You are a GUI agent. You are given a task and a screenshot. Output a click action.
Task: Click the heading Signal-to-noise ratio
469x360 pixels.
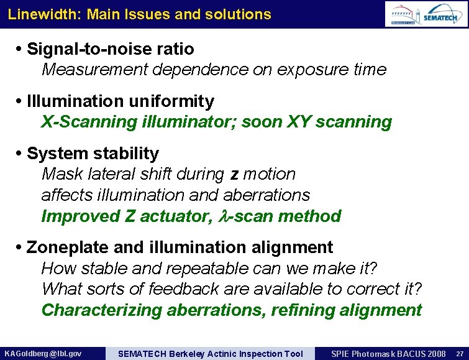pos(111,48)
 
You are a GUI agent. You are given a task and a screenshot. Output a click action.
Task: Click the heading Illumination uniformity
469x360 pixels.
pos(121,101)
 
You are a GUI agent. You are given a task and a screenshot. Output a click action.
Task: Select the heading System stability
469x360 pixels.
pos(93,153)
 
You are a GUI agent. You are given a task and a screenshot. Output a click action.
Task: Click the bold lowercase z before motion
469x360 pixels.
pos(234,175)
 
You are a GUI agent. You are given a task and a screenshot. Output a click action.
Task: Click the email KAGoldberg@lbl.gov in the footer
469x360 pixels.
pos(42,354)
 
